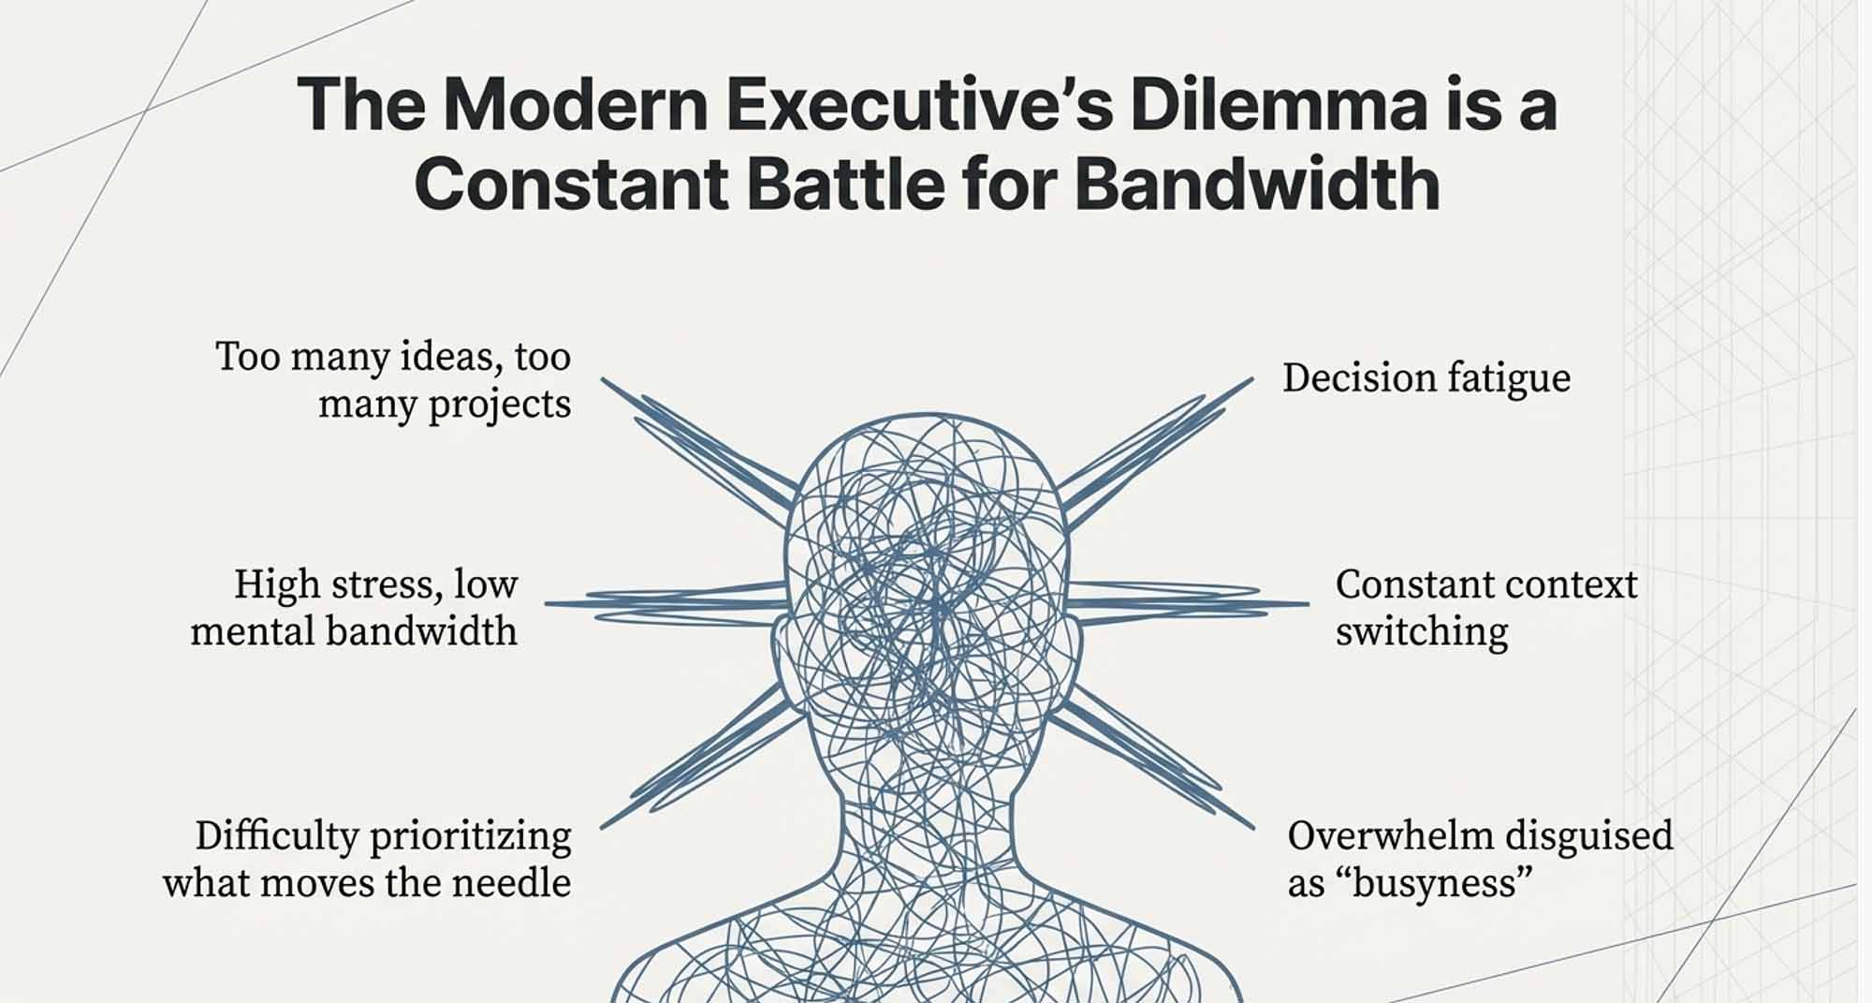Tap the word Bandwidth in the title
click(1256, 184)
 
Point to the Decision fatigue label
click(1426, 378)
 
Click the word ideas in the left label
click(444, 357)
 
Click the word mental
click(252, 630)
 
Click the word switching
click(1421, 632)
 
